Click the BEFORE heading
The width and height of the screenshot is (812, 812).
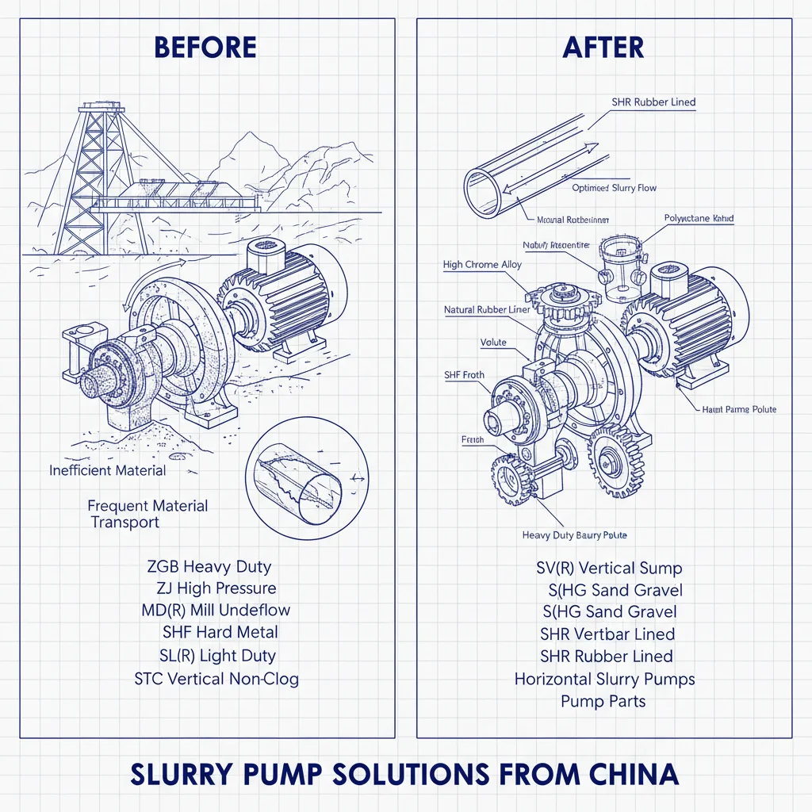[205, 48]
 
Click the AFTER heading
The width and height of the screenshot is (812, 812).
[603, 48]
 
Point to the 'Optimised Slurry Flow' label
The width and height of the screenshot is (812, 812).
[614, 189]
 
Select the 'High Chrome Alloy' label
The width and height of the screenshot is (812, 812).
[482, 265]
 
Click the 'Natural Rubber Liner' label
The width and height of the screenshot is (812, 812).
[487, 310]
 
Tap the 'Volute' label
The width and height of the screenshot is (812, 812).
[493, 343]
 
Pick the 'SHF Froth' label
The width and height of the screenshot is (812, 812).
[464, 375]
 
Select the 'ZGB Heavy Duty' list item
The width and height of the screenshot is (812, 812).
[209, 567]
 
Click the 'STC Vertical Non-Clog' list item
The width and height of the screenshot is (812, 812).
[216, 679]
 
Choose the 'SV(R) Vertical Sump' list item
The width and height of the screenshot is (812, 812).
[608, 568]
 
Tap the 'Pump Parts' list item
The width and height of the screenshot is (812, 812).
[603, 701]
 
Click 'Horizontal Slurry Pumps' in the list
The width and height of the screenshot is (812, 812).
[604, 680]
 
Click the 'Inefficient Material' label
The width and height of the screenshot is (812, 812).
[108, 470]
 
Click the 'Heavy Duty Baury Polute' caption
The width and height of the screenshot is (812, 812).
[574, 535]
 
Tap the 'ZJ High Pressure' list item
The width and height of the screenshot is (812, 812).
[216, 588]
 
